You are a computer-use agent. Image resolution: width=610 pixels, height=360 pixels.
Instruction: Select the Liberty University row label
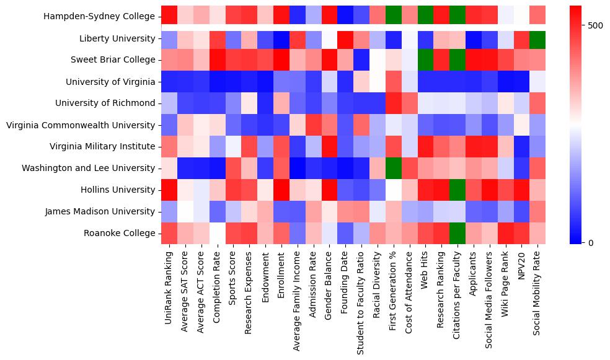coord(117,39)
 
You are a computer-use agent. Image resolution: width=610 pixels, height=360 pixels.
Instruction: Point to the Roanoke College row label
coord(120,233)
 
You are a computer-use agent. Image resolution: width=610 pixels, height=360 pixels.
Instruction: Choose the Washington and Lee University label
coord(88,168)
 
